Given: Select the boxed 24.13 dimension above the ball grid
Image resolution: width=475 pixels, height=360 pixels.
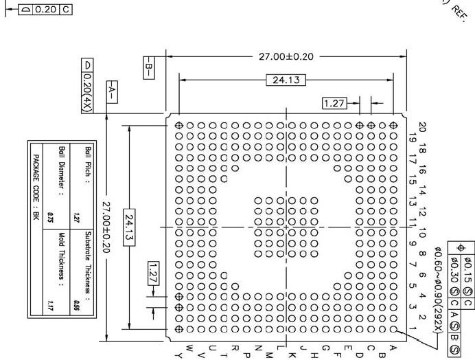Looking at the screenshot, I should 286,80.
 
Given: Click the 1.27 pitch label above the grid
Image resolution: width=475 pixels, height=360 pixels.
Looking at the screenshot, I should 334,103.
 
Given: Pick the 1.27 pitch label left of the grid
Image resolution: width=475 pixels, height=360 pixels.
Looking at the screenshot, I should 154,274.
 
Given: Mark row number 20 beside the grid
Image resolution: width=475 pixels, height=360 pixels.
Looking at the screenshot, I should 421,126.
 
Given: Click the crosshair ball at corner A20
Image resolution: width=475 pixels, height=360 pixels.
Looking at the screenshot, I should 393,126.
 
